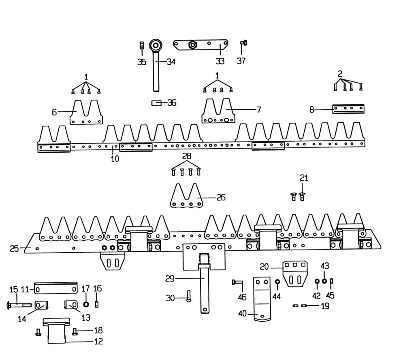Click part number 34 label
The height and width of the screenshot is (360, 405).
tap(171, 62)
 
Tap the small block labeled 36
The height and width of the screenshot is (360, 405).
tap(156, 103)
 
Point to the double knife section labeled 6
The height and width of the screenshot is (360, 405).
tap(86, 113)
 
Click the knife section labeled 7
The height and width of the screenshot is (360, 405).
tap(218, 112)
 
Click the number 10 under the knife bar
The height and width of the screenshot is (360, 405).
tap(115, 159)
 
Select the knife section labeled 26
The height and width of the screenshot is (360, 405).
tap(186, 196)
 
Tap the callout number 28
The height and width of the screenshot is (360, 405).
tap(187, 156)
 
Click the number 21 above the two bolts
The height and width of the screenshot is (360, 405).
tap(304, 178)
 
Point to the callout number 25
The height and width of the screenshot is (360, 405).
tap(14, 249)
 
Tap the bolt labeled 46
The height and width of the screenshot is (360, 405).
tap(236, 282)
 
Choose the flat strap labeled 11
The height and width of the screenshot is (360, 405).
tap(55, 289)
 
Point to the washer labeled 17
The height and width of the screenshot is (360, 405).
tap(86, 305)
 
